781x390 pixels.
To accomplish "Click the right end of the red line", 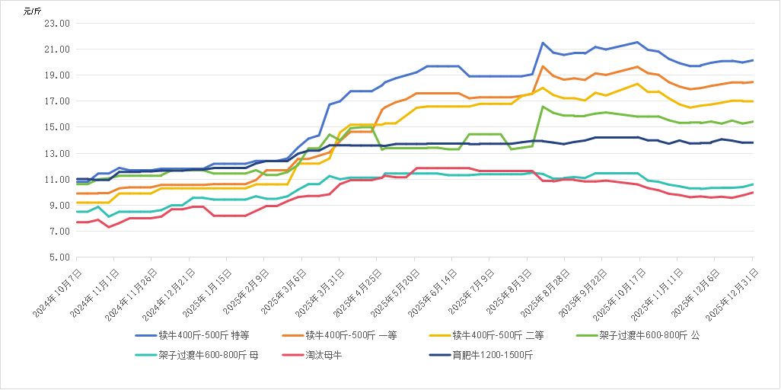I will (753, 192).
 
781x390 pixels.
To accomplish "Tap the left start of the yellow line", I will (77, 203).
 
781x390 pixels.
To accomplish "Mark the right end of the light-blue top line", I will (753, 60).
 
